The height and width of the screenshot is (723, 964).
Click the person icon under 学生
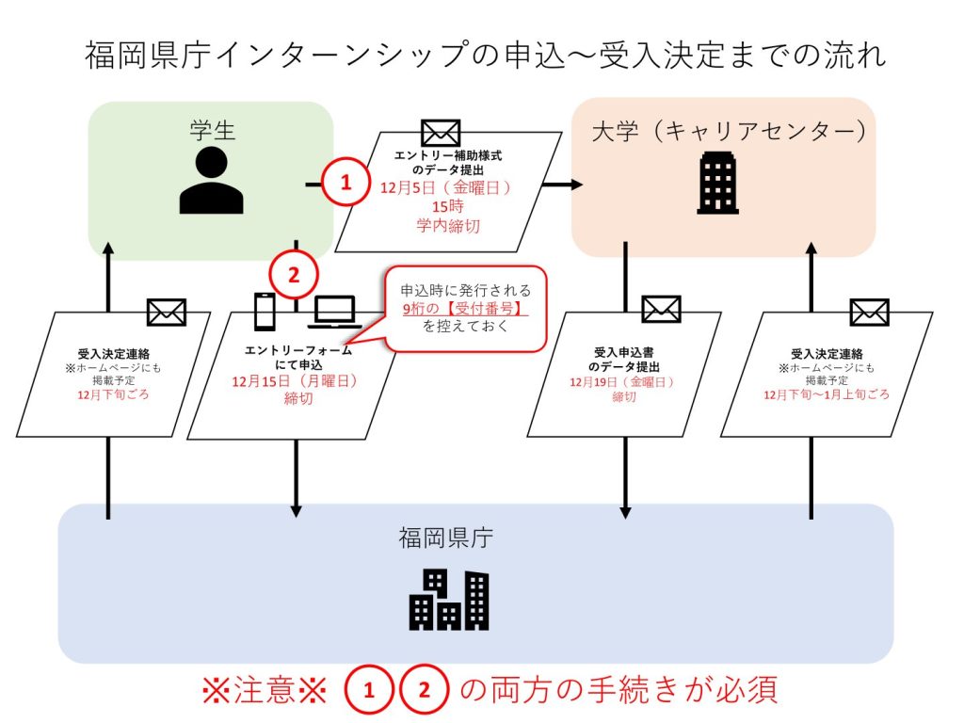pos(212,181)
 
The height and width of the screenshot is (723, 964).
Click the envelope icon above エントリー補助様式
pos(441,134)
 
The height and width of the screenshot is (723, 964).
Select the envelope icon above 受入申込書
pos(661,310)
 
